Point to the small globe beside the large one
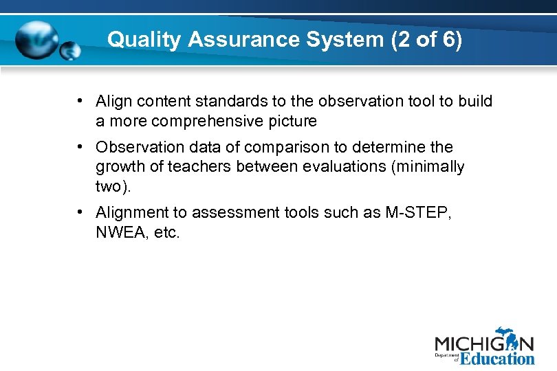click(70, 51)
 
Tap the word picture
click(292, 122)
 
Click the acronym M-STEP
click(419, 213)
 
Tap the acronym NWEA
click(118, 233)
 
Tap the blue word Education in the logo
click(497, 358)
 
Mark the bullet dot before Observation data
click(81, 147)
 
